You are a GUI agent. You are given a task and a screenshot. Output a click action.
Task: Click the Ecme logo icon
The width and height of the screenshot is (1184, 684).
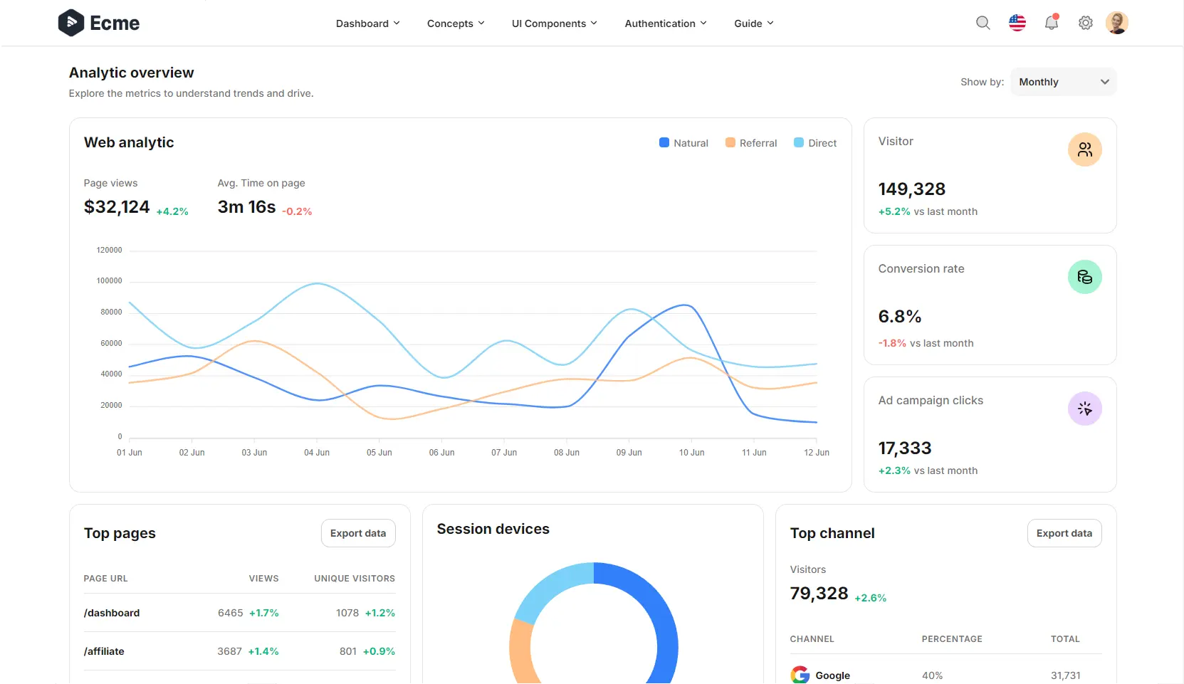coord(71,23)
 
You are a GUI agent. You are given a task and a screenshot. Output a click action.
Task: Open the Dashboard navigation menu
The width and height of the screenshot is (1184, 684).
coord(367,23)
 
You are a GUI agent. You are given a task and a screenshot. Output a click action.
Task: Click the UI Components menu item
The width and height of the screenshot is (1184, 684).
coord(554,23)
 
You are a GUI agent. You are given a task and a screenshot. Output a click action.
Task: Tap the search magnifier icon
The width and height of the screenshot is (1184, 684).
coord(983,23)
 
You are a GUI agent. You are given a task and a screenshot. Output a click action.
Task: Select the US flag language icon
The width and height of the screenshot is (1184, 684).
coord(1017,23)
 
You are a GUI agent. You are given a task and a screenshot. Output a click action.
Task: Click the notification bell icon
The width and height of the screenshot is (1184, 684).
coord(1051,23)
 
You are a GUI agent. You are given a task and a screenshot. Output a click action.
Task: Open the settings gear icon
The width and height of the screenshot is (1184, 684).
coord(1085,23)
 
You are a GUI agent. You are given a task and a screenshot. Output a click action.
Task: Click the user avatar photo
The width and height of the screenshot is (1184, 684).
coord(1116,23)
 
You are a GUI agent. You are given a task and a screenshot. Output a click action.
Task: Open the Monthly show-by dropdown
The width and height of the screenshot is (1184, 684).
coord(1063,82)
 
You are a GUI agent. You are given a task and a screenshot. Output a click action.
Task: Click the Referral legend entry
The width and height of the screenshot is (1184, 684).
coord(751,143)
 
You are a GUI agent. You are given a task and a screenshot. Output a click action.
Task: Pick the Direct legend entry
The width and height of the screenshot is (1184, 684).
coord(815,143)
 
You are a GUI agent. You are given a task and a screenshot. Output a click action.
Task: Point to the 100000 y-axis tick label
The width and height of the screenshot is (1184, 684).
coord(109,281)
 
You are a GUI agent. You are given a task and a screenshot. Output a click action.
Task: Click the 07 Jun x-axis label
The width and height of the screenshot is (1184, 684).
coord(504,453)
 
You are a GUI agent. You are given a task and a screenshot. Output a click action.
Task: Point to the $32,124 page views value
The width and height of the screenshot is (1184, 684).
coord(117,207)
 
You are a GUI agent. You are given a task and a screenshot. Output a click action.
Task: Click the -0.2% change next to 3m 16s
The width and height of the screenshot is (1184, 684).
coord(297,211)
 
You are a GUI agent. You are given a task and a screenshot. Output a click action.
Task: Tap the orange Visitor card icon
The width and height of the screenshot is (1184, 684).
coord(1084,149)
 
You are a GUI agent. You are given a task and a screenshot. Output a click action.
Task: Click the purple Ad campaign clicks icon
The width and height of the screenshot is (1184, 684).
coord(1084,409)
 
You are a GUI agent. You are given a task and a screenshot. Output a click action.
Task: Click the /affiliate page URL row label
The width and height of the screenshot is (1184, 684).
coord(104,651)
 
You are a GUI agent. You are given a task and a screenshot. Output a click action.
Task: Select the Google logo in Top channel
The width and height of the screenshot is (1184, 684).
coord(800,675)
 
